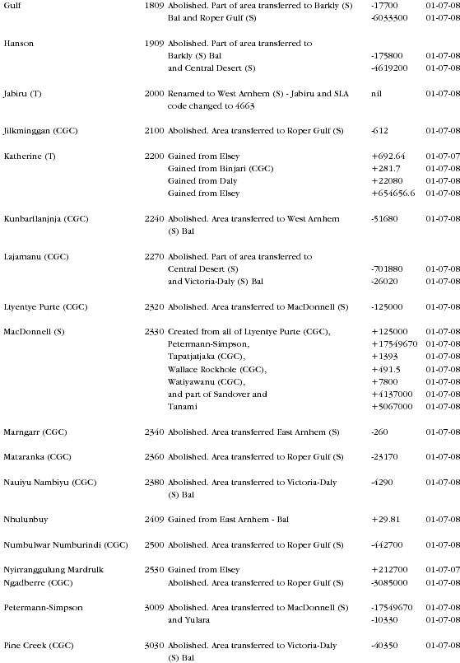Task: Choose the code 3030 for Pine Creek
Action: pyautogui.click(x=154, y=645)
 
